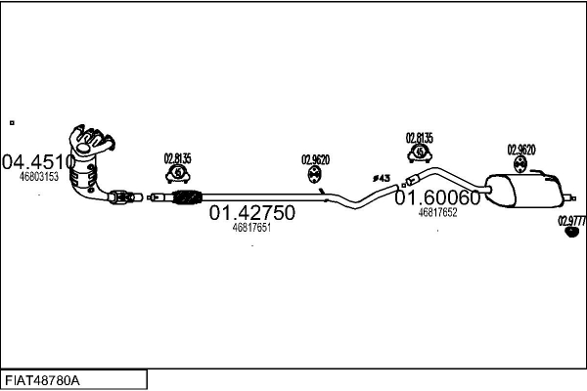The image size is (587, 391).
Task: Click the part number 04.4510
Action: (38, 161)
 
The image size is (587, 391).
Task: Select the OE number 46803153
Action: (39, 177)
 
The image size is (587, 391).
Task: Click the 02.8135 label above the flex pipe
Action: (177, 158)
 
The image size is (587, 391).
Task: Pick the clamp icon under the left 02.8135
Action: (178, 175)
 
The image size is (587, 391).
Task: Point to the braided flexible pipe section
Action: (185, 197)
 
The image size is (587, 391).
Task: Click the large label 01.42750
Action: (252, 213)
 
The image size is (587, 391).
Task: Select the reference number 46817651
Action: (251, 228)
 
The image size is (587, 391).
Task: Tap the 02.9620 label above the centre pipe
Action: (315, 159)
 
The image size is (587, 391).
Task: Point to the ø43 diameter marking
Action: (382, 178)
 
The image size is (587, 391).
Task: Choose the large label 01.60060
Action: (437, 197)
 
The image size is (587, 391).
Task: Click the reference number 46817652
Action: (437, 212)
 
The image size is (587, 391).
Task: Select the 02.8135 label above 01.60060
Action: (420, 138)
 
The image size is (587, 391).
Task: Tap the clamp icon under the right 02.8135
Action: (420, 153)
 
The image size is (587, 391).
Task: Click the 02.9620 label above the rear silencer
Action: (520, 150)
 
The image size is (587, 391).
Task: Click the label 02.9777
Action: (571, 221)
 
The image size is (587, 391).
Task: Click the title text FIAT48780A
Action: (44, 379)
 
